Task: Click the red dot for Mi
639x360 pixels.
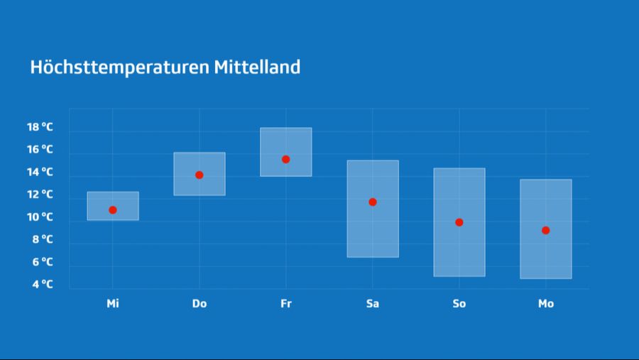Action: (113, 210)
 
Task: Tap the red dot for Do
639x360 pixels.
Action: (200, 175)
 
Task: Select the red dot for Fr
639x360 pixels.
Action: (286, 159)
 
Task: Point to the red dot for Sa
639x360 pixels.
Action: (373, 202)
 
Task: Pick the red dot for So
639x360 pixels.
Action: (459, 222)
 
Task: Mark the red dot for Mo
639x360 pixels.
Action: (546, 230)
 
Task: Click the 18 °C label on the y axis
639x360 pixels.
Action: (40, 127)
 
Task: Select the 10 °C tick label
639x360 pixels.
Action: (40, 217)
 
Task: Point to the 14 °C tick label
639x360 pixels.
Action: (40, 172)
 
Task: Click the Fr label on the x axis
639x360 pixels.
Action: (286, 304)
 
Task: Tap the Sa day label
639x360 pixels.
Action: (373, 304)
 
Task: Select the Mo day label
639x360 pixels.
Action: (546, 304)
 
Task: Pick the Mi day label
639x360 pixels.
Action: (113, 304)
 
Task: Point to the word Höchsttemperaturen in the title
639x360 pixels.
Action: (119, 67)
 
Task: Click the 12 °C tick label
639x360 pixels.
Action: (40, 194)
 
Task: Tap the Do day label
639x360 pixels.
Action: (200, 304)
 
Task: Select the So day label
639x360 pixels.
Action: (459, 304)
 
